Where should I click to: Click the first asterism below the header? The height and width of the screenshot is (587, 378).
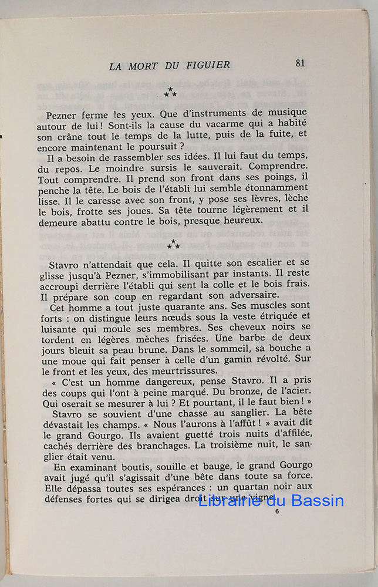(x=171, y=92)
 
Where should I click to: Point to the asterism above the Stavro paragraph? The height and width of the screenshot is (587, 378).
(x=173, y=244)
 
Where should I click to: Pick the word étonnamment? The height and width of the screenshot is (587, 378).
(x=275, y=188)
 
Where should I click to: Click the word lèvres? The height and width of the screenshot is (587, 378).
(x=251, y=199)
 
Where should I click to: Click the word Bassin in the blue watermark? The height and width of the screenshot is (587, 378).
(x=318, y=501)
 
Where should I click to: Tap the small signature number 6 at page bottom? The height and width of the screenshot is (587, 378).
(x=276, y=511)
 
